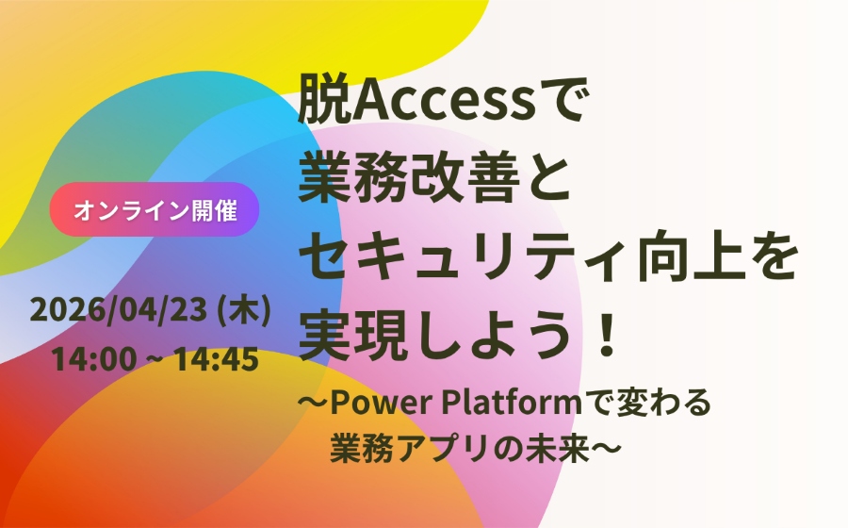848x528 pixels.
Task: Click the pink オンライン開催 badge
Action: (x=154, y=209)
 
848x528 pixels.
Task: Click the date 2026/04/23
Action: (x=119, y=312)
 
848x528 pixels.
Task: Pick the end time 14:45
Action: (x=220, y=360)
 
